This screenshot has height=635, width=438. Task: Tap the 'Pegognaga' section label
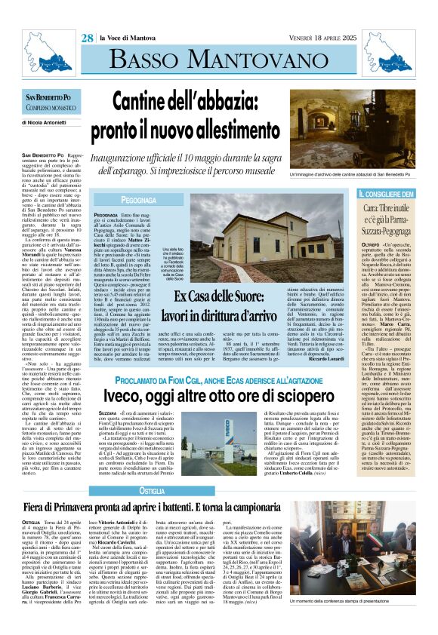(x=123, y=202)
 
